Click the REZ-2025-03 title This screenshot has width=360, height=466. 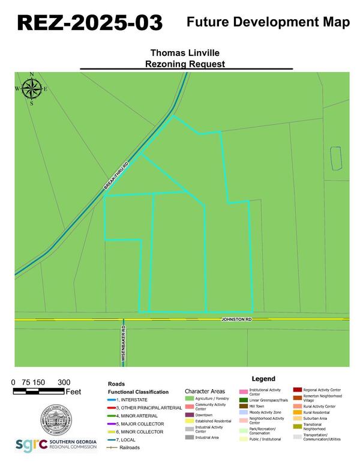89,23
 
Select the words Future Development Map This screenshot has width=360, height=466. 268,23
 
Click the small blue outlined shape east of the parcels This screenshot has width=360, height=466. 336,157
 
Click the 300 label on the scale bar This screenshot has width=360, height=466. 64,383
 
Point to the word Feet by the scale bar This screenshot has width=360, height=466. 73,392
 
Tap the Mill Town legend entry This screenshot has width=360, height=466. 256,406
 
